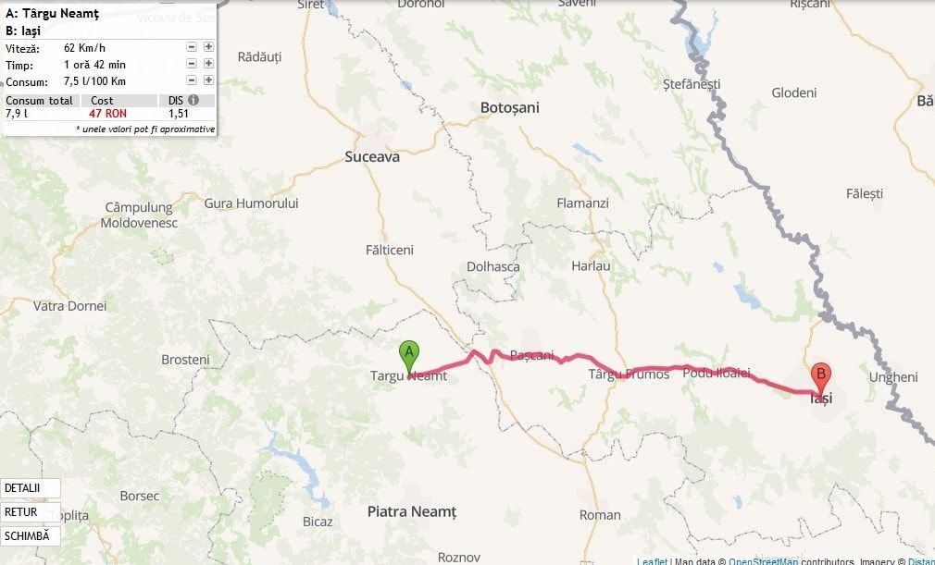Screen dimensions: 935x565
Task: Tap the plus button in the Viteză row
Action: (208, 47)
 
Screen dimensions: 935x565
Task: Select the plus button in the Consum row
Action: (208, 81)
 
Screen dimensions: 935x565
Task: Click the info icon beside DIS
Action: (193, 100)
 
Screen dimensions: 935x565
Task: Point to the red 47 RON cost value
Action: (107, 113)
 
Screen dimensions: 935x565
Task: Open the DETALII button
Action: (30, 488)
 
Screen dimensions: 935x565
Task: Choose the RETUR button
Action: (30, 512)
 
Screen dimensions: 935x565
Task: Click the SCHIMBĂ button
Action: (30, 536)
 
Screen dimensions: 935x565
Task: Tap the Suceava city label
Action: (371, 157)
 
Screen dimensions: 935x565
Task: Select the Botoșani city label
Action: (509, 107)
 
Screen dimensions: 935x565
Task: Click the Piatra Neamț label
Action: (411, 511)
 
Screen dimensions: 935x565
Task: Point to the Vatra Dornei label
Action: (69, 305)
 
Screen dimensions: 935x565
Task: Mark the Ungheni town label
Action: (893, 377)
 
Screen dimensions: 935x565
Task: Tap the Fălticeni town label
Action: (390, 250)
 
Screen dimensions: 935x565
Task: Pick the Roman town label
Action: (600, 515)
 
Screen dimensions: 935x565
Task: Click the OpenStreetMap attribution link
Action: (763, 560)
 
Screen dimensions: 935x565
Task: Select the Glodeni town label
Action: (794, 92)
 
